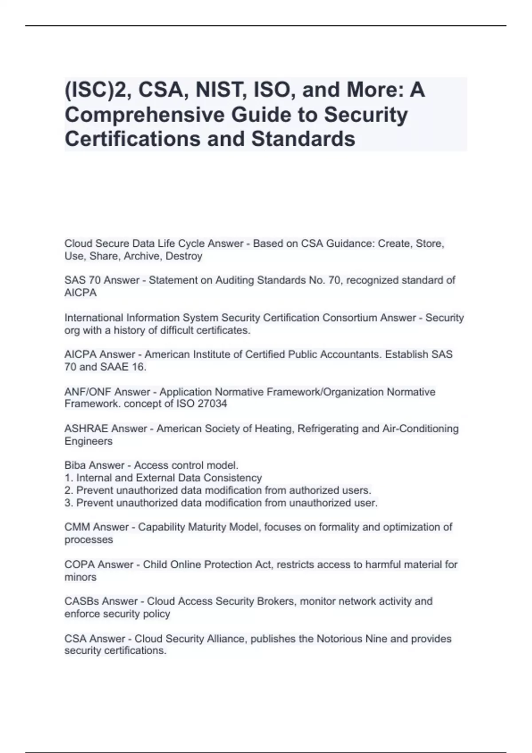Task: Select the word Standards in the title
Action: click(x=303, y=139)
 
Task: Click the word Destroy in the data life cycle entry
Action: click(x=184, y=256)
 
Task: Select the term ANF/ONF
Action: click(x=88, y=392)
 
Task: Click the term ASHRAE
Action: click(x=86, y=429)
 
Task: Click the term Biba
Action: click(x=75, y=466)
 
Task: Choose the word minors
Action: click(x=80, y=577)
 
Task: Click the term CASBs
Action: click(x=82, y=602)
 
